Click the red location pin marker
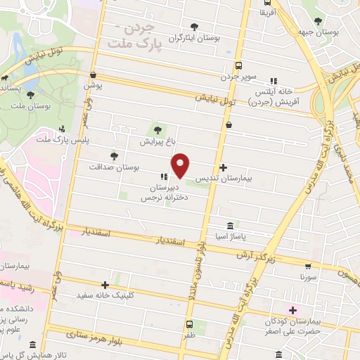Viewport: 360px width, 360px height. pyautogui.click(x=181, y=167)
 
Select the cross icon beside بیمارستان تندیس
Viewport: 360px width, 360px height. pyautogui.click(x=224, y=167)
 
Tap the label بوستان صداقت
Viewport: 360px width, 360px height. pyautogui.click(x=115, y=167)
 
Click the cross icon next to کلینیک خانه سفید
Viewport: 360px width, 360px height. pyautogui.click(x=105, y=285)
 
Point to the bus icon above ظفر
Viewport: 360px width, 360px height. pyautogui.click(x=189, y=324)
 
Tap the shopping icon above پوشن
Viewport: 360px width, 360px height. pyautogui.click(x=94, y=74)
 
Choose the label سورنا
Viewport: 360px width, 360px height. pyautogui.click(x=309, y=278)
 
